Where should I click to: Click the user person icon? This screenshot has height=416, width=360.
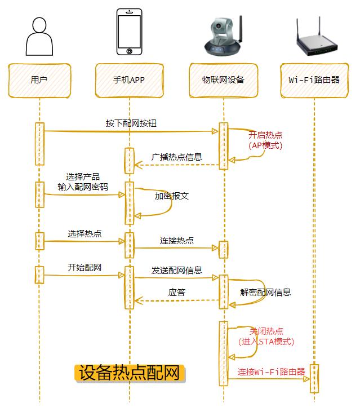[39, 36]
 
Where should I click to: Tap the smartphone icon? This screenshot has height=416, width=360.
[129, 32]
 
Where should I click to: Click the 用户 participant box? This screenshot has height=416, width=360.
[39, 80]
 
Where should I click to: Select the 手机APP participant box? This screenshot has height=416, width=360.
[129, 80]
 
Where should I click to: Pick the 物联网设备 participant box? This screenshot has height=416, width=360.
[224, 80]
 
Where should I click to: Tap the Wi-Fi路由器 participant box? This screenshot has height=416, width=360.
[314, 80]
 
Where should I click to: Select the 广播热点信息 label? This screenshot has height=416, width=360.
[176, 157]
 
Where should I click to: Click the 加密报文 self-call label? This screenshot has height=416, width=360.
[171, 196]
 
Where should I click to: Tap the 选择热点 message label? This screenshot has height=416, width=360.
[85, 233]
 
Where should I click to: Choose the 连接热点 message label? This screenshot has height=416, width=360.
[176, 240]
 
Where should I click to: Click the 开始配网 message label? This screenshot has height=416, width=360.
[85, 267]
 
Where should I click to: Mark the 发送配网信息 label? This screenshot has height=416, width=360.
[176, 270]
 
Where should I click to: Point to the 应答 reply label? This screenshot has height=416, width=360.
[176, 293]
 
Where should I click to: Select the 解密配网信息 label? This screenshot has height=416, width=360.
[265, 293]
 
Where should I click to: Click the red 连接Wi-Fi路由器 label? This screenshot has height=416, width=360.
[271, 371]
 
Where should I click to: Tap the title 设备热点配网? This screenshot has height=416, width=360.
[130, 373]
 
